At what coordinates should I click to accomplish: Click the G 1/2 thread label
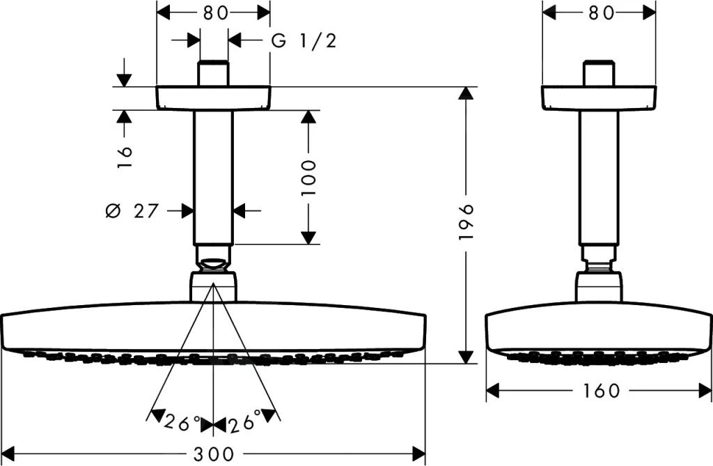pos(304,40)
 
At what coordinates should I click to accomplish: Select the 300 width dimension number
pos(213,453)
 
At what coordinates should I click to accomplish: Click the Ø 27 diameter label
pos(132,210)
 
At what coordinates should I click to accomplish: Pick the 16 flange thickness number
pos(123,154)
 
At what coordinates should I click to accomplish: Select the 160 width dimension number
pos(599,391)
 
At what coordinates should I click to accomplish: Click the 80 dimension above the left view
pos(213,13)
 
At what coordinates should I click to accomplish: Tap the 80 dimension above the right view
pos(599,13)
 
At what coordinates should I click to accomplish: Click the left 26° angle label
pos(182,422)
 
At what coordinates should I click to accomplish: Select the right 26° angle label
pos(244,422)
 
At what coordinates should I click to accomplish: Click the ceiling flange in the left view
pos(213,98)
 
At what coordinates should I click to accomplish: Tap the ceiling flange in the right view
pos(599,98)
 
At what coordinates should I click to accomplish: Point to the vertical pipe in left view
pos(213,177)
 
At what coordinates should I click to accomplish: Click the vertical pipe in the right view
pos(599,177)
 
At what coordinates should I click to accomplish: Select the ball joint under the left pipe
pos(213,263)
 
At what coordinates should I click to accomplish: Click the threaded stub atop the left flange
pos(213,75)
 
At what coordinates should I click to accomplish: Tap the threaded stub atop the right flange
pos(599,75)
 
